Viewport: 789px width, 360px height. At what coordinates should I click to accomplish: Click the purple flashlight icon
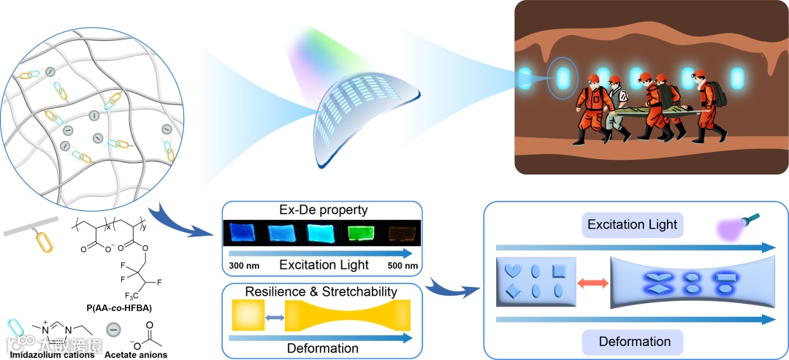pyautogui.click(x=743, y=224)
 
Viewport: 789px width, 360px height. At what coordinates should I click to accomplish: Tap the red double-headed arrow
pyautogui.click(x=588, y=281)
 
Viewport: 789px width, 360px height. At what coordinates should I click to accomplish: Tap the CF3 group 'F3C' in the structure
pyautogui.click(x=131, y=295)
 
